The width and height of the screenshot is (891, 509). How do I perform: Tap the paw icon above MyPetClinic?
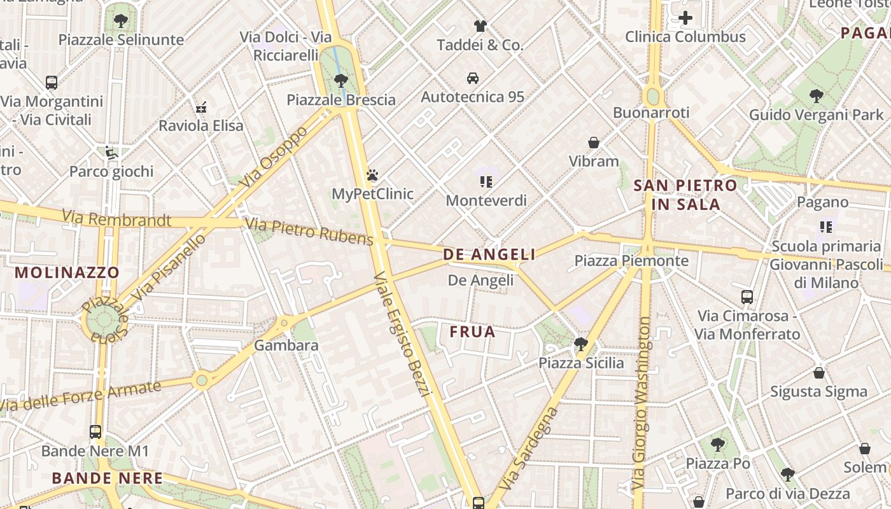pyautogui.click(x=372, y=175)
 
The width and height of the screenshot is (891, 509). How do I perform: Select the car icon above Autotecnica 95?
pyautogui.click(x=473, y=78)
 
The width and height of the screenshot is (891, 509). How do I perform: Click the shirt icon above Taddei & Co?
pyautogui.click(x=480, y=26)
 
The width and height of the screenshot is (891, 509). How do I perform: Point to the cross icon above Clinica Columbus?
pyautogui.click(x=685, y=18)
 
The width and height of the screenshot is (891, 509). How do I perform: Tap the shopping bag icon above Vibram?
pyautogui.click(x=594, y=143)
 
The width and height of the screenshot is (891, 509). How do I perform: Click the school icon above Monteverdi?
pyautogui.click(x=486, y=182)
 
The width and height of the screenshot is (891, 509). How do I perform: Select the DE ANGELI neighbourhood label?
pyautogui.click(x=489, y=255)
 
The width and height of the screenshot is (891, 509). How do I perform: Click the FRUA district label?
pyautogui.click(x=472, y=331)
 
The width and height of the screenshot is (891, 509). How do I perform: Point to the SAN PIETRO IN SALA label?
pyautogui.click(x=685, y=195)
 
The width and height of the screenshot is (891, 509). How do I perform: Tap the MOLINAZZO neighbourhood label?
pyautogui.click(x=67, y=273)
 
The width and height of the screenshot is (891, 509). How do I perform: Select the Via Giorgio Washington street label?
pyautogui.click(x=642, y=404)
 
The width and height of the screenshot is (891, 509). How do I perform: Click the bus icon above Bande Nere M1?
pyautogui.click(x=95, y=432)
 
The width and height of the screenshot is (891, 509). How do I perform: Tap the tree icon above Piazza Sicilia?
pyautogui.click(x=580, y=344)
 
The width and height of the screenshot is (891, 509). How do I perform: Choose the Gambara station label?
pyautogui.click(x=286, y=345)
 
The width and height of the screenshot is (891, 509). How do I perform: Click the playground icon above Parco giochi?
pyautogui.click(x=111, y=153)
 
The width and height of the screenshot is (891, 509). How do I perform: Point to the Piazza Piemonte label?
pyautogui.click(x=631, y=261)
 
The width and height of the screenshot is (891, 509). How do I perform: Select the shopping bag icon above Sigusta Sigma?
pyautogui.click(x=819, y=373)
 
